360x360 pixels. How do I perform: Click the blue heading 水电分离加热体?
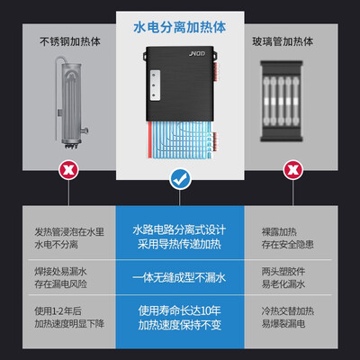click(179, 27)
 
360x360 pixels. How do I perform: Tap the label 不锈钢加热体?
click(70, 41)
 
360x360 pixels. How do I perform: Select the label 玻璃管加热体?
click(283, 41)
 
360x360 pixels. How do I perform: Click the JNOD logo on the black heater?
click(197, 54)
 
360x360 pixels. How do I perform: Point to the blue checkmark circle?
click(180, 179)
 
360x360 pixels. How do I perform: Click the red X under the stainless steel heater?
click(68, 170)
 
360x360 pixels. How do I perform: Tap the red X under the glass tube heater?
click(293, 170)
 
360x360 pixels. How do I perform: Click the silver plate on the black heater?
click(155, 85)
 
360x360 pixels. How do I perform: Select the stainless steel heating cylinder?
click(71, 102)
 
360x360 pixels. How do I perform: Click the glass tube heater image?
click(281, 101)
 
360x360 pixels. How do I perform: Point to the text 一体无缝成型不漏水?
click(179, 277)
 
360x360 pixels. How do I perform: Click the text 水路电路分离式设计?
click(179, 230)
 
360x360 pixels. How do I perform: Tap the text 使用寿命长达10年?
click(179, 310)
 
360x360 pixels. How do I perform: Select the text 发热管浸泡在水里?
click(69, 231)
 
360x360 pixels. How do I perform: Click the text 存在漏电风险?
click(60, 283)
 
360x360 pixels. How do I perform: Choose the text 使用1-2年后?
click(58, 311)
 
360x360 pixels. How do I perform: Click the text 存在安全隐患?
click(288, 244)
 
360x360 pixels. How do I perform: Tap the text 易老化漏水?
click(283, 283)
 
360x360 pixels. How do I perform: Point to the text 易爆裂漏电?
click(283, 323)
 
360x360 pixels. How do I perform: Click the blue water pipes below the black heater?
click(181, 139)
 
